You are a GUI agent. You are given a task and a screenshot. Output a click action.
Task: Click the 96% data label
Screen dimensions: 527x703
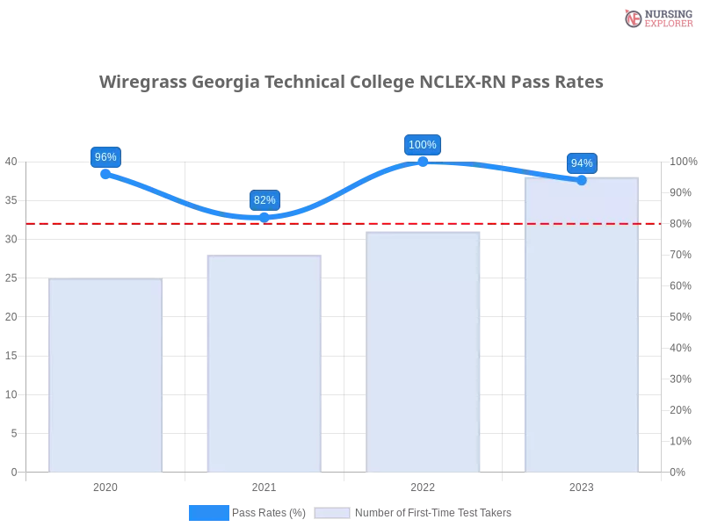(x=105, y=157)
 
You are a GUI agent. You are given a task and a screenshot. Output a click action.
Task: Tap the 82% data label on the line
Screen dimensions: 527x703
(x=265, y=200)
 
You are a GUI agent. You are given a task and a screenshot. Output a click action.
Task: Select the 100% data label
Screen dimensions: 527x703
(x=423, y=145)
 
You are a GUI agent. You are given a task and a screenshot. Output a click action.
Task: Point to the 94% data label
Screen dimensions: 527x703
(x=582, y=163)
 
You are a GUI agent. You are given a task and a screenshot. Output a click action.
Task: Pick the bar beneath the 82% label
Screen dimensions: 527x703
(x=265, y=364)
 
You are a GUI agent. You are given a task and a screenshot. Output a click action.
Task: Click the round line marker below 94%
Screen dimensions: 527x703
(x=581, y=180)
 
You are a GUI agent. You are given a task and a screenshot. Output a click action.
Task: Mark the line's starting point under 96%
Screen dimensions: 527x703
(x=105, y=174)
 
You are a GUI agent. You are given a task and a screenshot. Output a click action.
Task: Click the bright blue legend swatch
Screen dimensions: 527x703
(x=209, y=512)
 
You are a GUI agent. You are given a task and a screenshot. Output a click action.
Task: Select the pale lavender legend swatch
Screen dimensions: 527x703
(x=332, y=512)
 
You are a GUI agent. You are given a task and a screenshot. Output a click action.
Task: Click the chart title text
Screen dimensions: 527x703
(x=351, y=83)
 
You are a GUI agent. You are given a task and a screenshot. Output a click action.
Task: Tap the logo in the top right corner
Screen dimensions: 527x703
(x=656, y=18)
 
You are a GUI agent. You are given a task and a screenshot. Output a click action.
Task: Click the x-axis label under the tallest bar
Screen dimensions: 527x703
(x=582, y=485)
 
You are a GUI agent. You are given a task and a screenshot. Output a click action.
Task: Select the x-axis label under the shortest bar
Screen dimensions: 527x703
(x=105, y=485)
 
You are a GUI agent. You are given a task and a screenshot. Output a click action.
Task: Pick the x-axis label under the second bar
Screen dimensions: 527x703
(x=265, y=485)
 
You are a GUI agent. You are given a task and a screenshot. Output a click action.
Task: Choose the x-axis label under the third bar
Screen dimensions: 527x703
(x=423, y=485)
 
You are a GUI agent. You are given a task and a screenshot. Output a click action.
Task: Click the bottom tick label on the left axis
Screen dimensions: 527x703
(x=13, y=472)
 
